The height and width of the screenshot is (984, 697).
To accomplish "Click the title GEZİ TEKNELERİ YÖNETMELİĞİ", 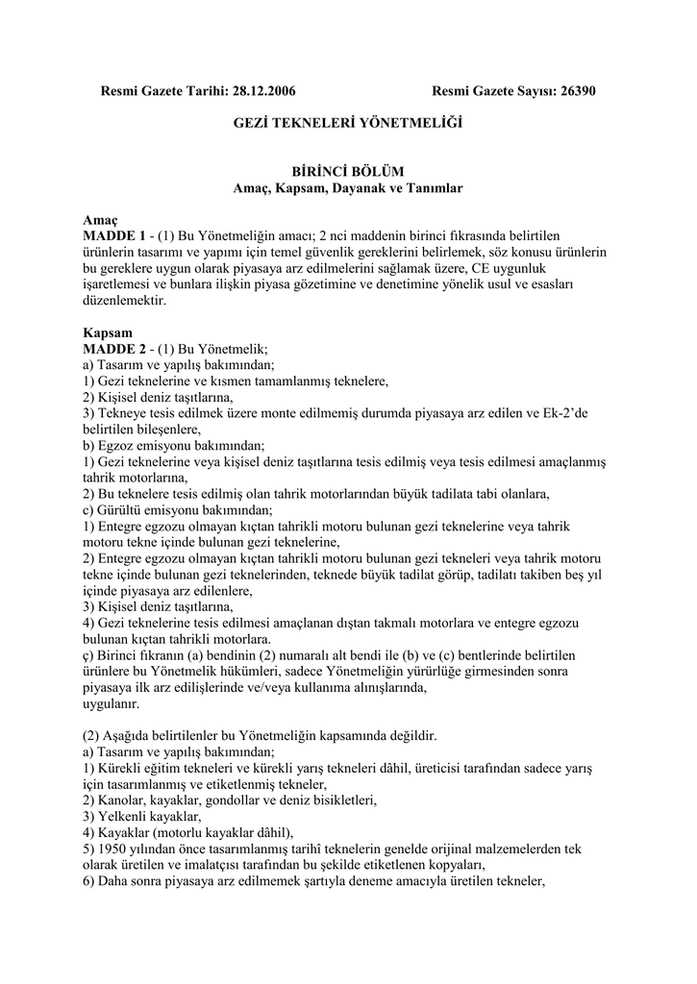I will (x=348, y=124).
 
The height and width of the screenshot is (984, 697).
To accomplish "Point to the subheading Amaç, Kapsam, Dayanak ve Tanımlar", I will (x=348, y=188).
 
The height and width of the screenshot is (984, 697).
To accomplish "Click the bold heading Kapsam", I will (x=106, y=333).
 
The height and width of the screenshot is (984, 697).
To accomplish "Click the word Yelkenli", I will (x=123, y=817).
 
